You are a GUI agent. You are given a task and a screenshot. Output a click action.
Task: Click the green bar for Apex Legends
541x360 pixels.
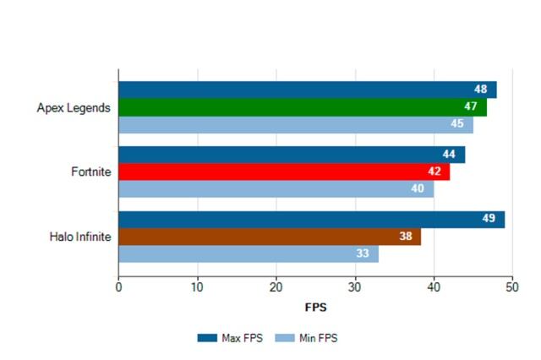tap(303, 107)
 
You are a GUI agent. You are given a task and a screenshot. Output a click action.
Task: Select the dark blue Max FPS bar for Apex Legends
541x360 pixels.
tap(307, 90)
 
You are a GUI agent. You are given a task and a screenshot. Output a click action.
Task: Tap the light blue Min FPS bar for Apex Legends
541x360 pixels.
tap(296, 125)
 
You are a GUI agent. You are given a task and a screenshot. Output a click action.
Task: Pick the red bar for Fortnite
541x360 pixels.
tap(284, 172)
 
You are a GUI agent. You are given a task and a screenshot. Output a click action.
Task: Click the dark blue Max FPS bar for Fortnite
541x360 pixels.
tap(292, 155)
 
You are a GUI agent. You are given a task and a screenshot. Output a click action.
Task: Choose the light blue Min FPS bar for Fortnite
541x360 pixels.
tap(276, 188)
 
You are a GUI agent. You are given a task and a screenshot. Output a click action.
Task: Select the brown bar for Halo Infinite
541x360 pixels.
tap(269, 237)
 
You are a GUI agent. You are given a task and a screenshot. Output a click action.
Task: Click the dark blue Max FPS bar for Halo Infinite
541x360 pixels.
tap(311, 220)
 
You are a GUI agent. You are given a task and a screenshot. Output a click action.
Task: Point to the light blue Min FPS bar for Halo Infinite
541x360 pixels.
tap(249, 254)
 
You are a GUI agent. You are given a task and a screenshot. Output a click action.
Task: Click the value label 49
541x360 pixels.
tap(489, 220)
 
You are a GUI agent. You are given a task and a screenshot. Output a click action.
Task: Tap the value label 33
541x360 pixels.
tap(363, 254)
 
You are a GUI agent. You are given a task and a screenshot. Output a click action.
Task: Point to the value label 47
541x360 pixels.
tap(471, 107)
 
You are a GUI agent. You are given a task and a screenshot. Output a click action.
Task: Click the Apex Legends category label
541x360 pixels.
tap(74, 107)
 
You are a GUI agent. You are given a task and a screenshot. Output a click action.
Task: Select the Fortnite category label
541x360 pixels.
tap(91, 172)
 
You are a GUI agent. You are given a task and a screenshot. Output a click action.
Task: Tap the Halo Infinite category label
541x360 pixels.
tap(80, 237)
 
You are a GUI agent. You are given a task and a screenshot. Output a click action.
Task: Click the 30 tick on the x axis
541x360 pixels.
tap(355, 288)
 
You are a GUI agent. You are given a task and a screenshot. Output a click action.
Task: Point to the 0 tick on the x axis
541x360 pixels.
tap(118, 288)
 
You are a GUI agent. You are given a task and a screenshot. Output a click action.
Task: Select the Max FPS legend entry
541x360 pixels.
tap(231, 337)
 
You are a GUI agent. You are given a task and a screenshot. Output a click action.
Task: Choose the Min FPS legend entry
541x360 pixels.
tap(309, 337)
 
